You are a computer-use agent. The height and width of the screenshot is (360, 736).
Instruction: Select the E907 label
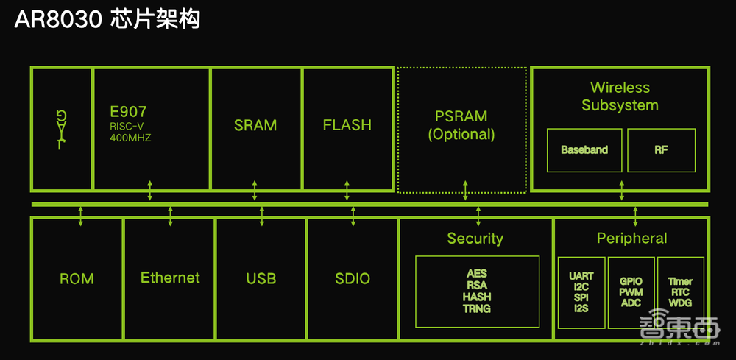[127, 113]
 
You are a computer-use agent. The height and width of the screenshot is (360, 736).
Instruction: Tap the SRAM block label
[255, 125]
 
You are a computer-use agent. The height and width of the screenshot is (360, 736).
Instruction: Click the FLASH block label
[347, 125]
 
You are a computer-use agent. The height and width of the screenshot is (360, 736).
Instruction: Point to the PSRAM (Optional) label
[462, 126]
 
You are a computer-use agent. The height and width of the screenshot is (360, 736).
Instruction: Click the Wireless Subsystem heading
[620, 96]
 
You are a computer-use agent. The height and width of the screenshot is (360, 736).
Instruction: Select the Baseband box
[584, 149]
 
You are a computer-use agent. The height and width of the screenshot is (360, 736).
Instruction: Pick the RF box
[661, 149]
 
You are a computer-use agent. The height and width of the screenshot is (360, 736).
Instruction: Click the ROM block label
[77, 278]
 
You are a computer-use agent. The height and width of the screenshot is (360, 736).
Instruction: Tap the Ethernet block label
[170, 278]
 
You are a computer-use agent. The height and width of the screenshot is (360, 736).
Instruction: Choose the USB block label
[261, 278]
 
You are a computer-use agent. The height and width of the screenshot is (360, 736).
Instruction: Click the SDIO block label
[353, 278]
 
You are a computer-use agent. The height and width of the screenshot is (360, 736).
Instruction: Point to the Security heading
[475, 239]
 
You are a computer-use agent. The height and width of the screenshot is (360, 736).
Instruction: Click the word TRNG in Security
[477, 308]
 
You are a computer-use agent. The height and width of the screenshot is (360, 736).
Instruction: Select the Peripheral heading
[631, 239]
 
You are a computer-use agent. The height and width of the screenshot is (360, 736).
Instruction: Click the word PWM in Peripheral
[631, 292]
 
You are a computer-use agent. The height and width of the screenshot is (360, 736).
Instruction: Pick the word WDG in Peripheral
[680, 303]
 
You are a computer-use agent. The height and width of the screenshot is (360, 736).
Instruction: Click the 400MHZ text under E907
[130, 138]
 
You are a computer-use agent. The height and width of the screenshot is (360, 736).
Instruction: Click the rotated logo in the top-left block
[62, 127]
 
